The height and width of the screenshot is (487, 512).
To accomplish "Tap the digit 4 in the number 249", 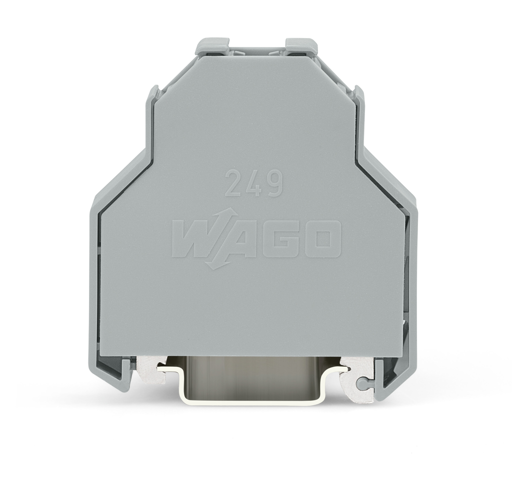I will pos(254,183).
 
